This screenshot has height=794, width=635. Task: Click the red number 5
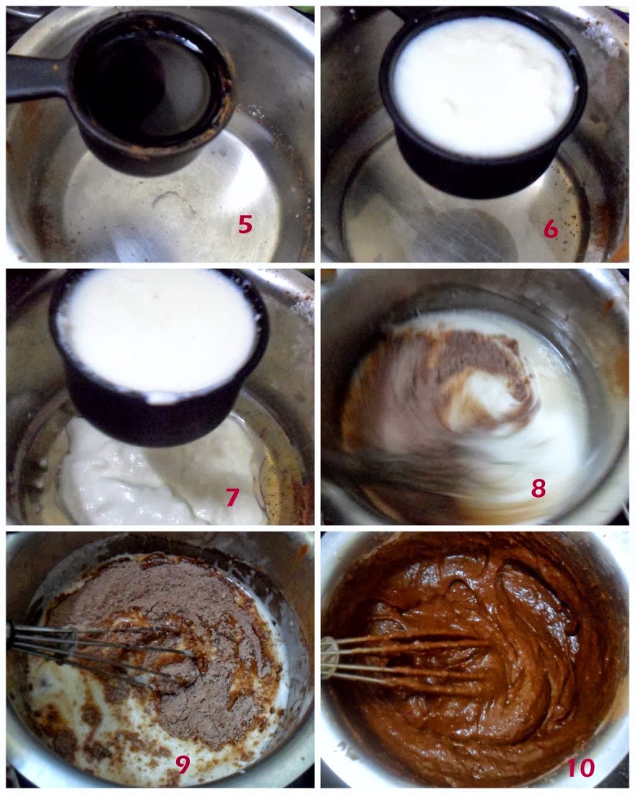pyautogui.click(x=245, y=223)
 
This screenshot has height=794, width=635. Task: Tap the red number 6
pyautogui.click(x=551, y=229)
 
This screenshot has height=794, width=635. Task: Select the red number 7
pyautogui.click(x=232, y=497)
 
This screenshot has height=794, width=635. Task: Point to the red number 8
pyautogui.click(x=539, y=488)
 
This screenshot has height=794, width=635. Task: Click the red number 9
pyautogui.click(x=182, y=765)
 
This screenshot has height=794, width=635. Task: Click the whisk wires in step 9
pyautogui.click(x=101, y=651)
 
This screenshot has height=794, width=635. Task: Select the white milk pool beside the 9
pyautogui.click(x=101, y=719)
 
